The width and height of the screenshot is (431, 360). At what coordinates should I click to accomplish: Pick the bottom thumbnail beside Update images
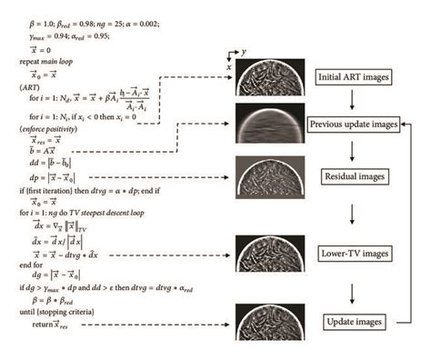[x=266, y=322]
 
